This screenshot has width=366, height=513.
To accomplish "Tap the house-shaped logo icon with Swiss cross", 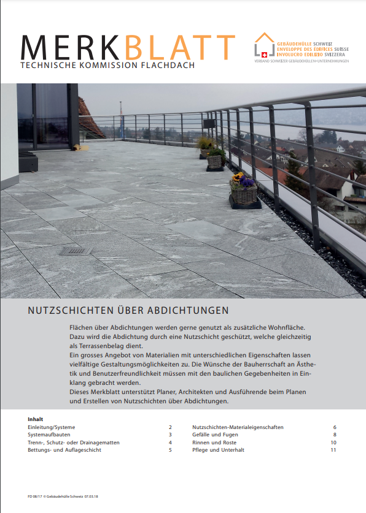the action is (x=265, y=46).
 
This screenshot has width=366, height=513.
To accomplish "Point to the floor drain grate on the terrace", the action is (x=76, y=251).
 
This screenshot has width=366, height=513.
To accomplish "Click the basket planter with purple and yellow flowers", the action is (x=244, y=189).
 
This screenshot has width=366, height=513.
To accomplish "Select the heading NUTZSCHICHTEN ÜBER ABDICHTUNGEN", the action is (x=128, y=310).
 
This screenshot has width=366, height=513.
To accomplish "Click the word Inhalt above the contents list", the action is (x=36, y=419).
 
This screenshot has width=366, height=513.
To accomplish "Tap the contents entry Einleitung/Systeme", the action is (x=52, y=427).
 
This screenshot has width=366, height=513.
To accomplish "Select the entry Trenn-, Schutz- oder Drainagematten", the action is (x=74, y=442).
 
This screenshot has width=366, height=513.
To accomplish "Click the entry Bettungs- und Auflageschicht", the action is (x=64, y=450).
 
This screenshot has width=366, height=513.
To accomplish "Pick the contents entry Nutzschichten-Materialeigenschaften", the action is (x=238, y=427).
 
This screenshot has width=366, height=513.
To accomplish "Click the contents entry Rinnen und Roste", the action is (x=214, y=442).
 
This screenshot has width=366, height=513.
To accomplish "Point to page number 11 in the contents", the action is (x=333, y=450).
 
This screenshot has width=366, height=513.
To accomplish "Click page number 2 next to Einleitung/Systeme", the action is (x=170, y=427).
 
